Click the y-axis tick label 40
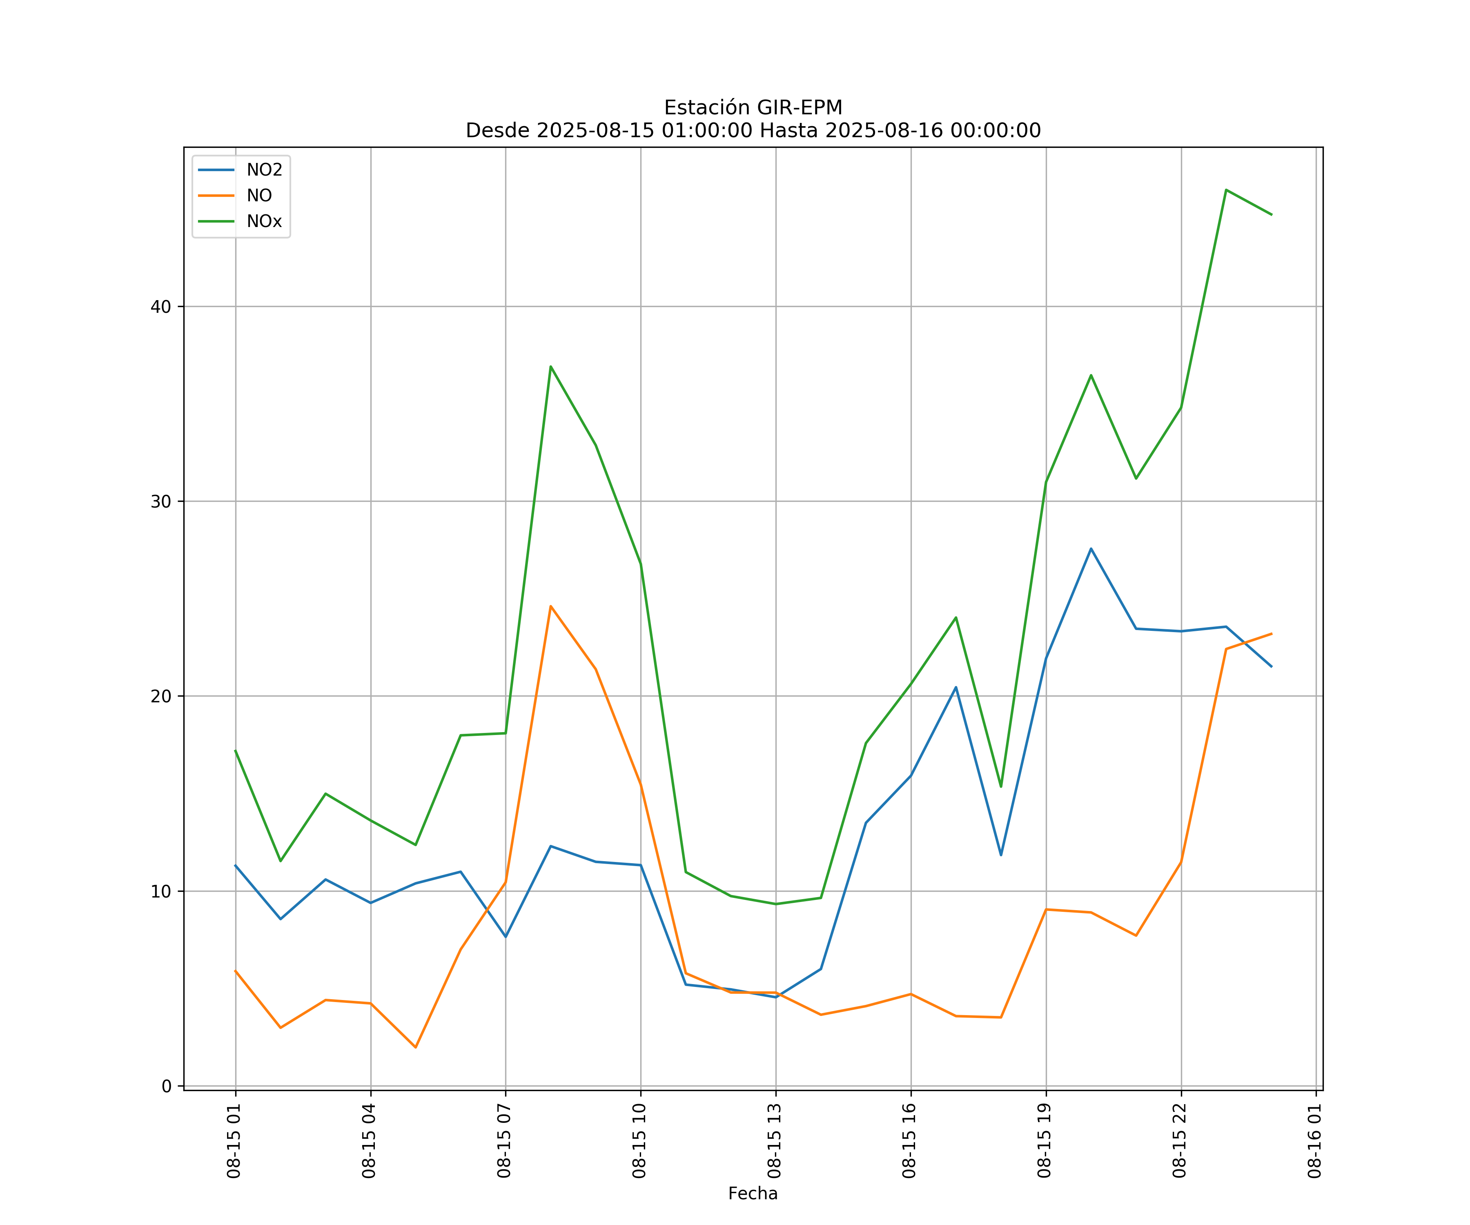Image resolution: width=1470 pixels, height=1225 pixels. point(161,307)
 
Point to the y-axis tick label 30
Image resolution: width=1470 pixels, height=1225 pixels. point(161,501)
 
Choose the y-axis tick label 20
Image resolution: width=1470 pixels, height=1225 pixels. point(161,696)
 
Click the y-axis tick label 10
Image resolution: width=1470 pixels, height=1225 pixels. point(161,891)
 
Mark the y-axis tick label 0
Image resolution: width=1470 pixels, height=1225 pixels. point(167,1086)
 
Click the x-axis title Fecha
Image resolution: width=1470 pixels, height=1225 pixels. point(753,1194)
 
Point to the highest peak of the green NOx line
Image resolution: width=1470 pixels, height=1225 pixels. point(1226,190)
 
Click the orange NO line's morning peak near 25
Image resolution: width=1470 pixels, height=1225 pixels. point(551,606)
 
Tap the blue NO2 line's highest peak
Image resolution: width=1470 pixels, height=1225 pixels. point(1091,549)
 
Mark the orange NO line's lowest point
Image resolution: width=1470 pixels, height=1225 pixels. point(416,1047)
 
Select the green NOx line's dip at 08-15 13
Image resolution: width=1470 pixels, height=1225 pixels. point(775,904)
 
